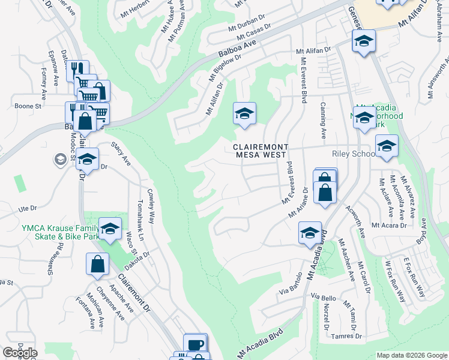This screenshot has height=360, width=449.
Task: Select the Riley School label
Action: point(353,154)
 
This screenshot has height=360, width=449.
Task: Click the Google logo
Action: point(20,353)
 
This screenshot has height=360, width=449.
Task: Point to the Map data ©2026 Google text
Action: point(411,355)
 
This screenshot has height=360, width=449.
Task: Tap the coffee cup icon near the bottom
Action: point(196,344)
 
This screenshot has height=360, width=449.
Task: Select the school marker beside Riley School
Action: point(387,146)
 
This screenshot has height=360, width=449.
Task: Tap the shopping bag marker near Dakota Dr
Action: point(97,263)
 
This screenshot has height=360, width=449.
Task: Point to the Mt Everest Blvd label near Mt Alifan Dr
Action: point(304,84)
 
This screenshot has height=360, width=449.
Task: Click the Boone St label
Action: point(28,106)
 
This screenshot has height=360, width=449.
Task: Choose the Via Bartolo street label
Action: point(291,286)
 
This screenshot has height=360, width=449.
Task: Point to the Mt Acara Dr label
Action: point(389,226)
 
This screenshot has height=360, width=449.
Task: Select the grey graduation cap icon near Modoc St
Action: point(61,160)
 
